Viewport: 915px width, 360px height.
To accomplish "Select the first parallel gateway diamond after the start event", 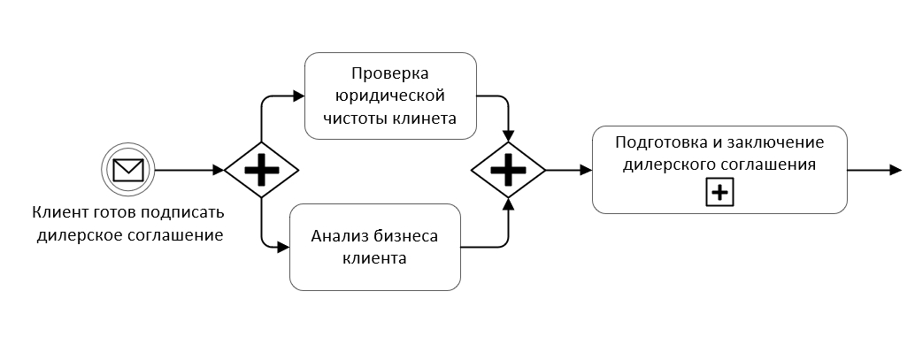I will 261,169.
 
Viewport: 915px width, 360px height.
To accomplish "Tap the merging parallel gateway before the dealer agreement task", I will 508,169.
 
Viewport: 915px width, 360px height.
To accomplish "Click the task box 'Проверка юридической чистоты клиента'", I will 390,96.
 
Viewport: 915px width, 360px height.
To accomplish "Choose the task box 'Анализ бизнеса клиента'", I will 375,248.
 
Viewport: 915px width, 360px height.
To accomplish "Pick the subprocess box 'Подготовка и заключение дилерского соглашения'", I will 719,169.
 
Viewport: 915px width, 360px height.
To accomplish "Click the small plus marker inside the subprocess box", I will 719,193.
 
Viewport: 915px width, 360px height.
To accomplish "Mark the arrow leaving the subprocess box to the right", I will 874,169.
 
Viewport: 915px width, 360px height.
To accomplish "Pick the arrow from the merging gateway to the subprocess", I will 568,169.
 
